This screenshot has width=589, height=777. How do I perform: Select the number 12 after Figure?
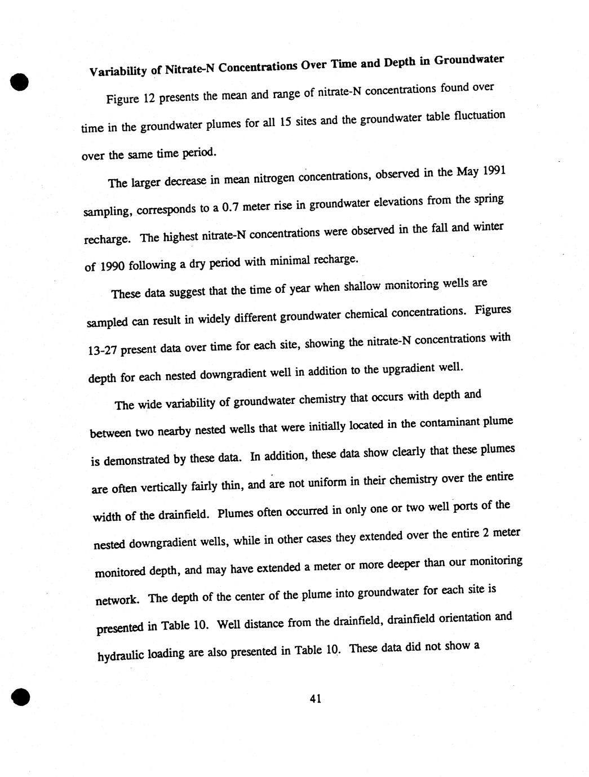tap(148, 98)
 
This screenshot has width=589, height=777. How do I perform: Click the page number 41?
tap(315, 699)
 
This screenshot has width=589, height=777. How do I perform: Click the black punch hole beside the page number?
tap(20, 696)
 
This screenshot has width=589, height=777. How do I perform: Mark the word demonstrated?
tap(135, 460)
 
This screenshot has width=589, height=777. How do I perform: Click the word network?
tap(116, 600)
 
